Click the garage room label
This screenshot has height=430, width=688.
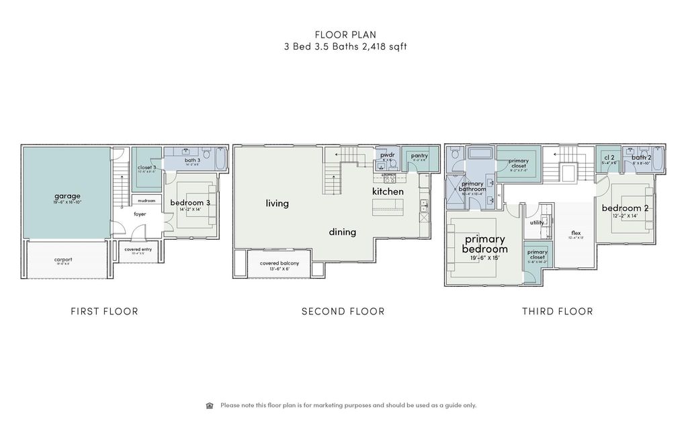(x=67, y=196)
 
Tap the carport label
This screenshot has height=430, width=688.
(x=63, y=259)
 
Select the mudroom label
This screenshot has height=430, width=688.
(x=146, y=200)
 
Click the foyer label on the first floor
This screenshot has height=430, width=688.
(x=140, y=215)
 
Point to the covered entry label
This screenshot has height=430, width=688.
(x=138, y=249)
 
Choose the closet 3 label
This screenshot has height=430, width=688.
(x=146, y=167)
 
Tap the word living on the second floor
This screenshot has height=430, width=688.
(x=277, y=203)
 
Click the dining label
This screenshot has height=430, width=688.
(x=342, y=232)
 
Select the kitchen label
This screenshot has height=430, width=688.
(x=388, y=191)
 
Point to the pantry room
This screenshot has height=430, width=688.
(x=419, y=156)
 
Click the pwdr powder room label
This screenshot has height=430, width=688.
(x=387, y=155)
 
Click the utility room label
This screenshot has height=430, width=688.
(x=537, y=222)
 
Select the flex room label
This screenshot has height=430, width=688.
(x=576, y=233)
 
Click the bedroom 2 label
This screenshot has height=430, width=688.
(x=624, y=208)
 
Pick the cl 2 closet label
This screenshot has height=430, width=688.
(x=609, y=157)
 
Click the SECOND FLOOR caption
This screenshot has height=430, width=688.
(x=343, y=311)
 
